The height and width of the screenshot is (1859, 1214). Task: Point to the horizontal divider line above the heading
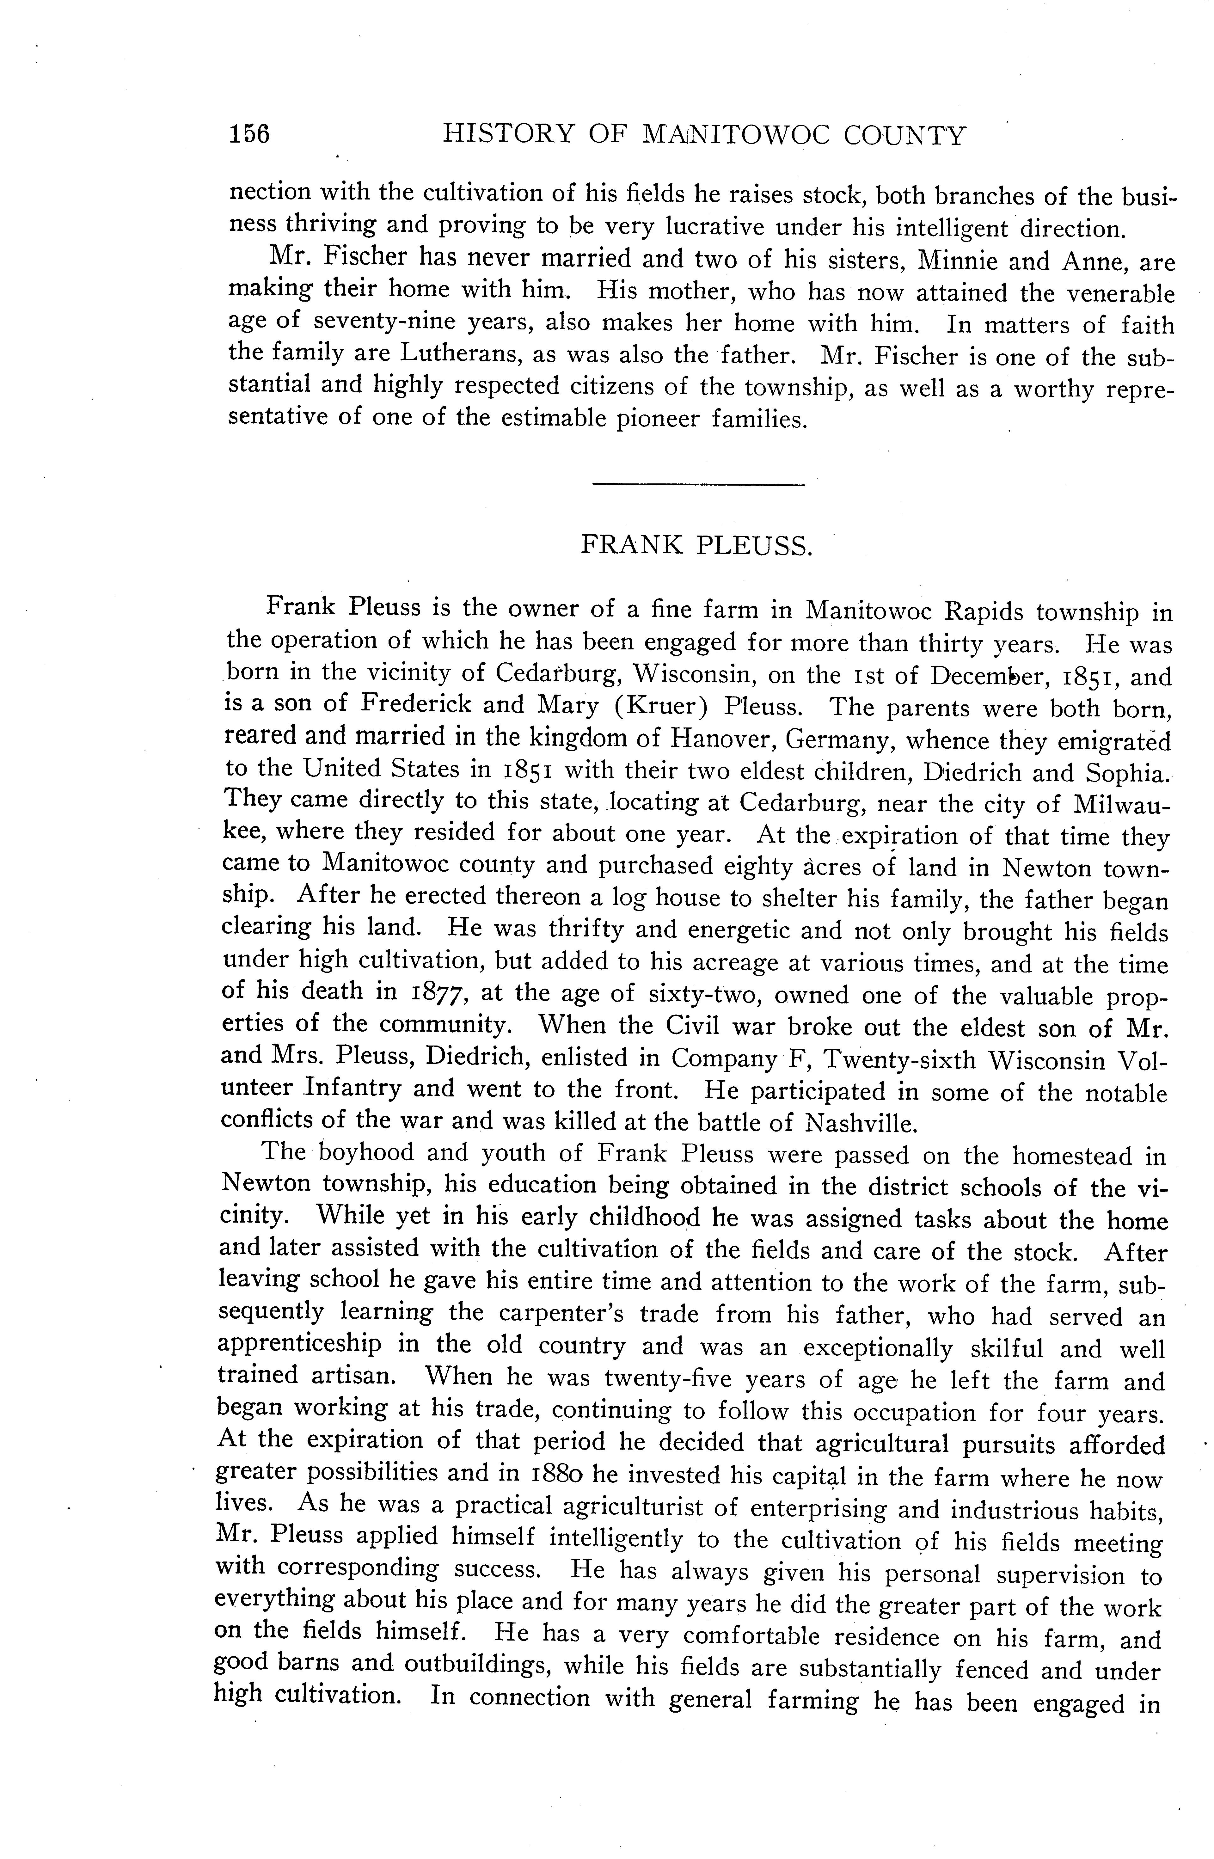(x=698, y=487)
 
